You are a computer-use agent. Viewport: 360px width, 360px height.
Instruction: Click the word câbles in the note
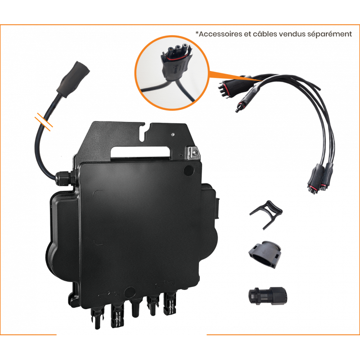click(x=264, y=34)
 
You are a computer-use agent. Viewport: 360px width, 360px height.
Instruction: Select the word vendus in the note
click(x=289, y=34)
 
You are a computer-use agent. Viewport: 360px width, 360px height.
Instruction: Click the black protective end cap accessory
click(x=265, y=254)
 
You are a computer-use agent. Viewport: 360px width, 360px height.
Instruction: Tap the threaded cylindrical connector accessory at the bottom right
click(x=268, y=296)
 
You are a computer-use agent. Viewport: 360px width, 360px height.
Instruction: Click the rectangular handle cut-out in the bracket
click(x=140, y=153)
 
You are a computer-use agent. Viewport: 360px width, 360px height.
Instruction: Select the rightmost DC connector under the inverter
click(x=170, y=303)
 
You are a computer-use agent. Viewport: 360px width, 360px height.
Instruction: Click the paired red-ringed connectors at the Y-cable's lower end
click(x=320, y=177)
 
